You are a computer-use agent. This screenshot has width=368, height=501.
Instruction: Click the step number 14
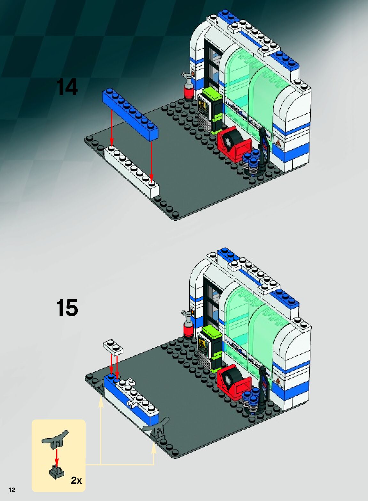click(67, 87)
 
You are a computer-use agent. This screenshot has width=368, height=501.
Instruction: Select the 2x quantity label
click(76, 480)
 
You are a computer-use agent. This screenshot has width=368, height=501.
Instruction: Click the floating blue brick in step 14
click(130, 114)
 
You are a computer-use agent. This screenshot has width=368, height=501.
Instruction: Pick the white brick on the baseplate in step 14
click(132, 171)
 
